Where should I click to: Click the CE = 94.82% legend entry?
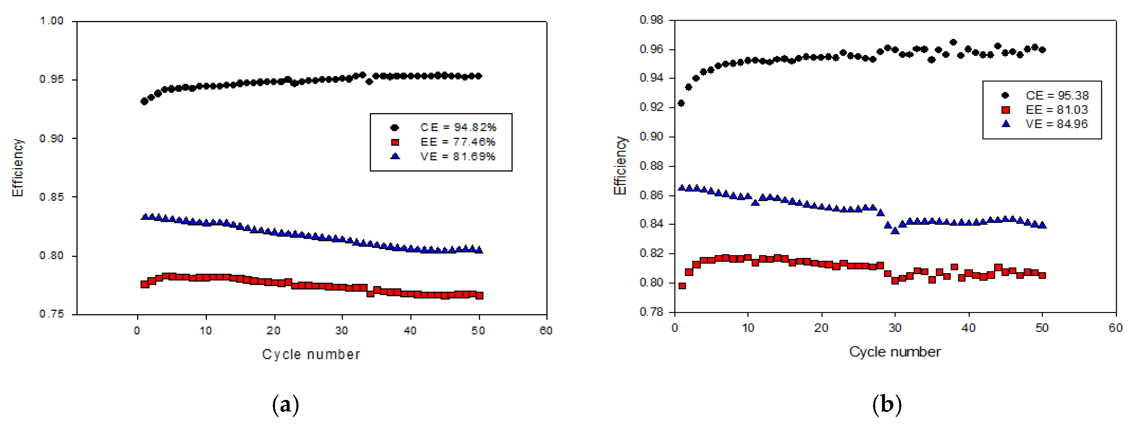[458, 128]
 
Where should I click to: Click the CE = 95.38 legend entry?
[1057, 96]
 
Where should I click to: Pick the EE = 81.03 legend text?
[1056, 110]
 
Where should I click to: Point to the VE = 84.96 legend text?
[1056, 124]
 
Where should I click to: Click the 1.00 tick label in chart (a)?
[52, 21]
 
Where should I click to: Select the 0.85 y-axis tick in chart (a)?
[52, 197]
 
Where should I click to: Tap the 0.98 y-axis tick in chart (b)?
[651, 20]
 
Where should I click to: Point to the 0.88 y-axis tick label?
[651, 166]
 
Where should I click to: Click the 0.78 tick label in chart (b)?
[651, 312]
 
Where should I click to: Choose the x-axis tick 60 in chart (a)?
[546, 331]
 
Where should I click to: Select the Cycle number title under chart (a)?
[311, 354]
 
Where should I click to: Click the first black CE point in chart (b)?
[681, 103]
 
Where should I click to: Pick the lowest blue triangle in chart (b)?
[895, 230]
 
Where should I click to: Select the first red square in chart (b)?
[682, 286]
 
